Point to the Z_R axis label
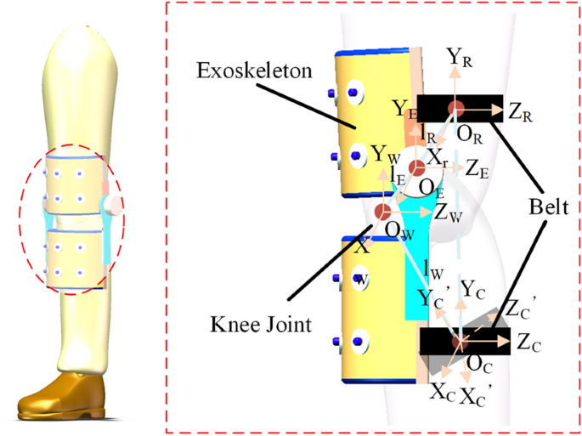(x=521, y=110)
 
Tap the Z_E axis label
(x=477, y=170)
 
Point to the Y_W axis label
(x=382, y=155)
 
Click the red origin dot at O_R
(x=457, y=108)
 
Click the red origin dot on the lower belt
(x=460, y=342)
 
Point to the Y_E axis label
(x=404, y=108)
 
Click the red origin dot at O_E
(x=416, y=167)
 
